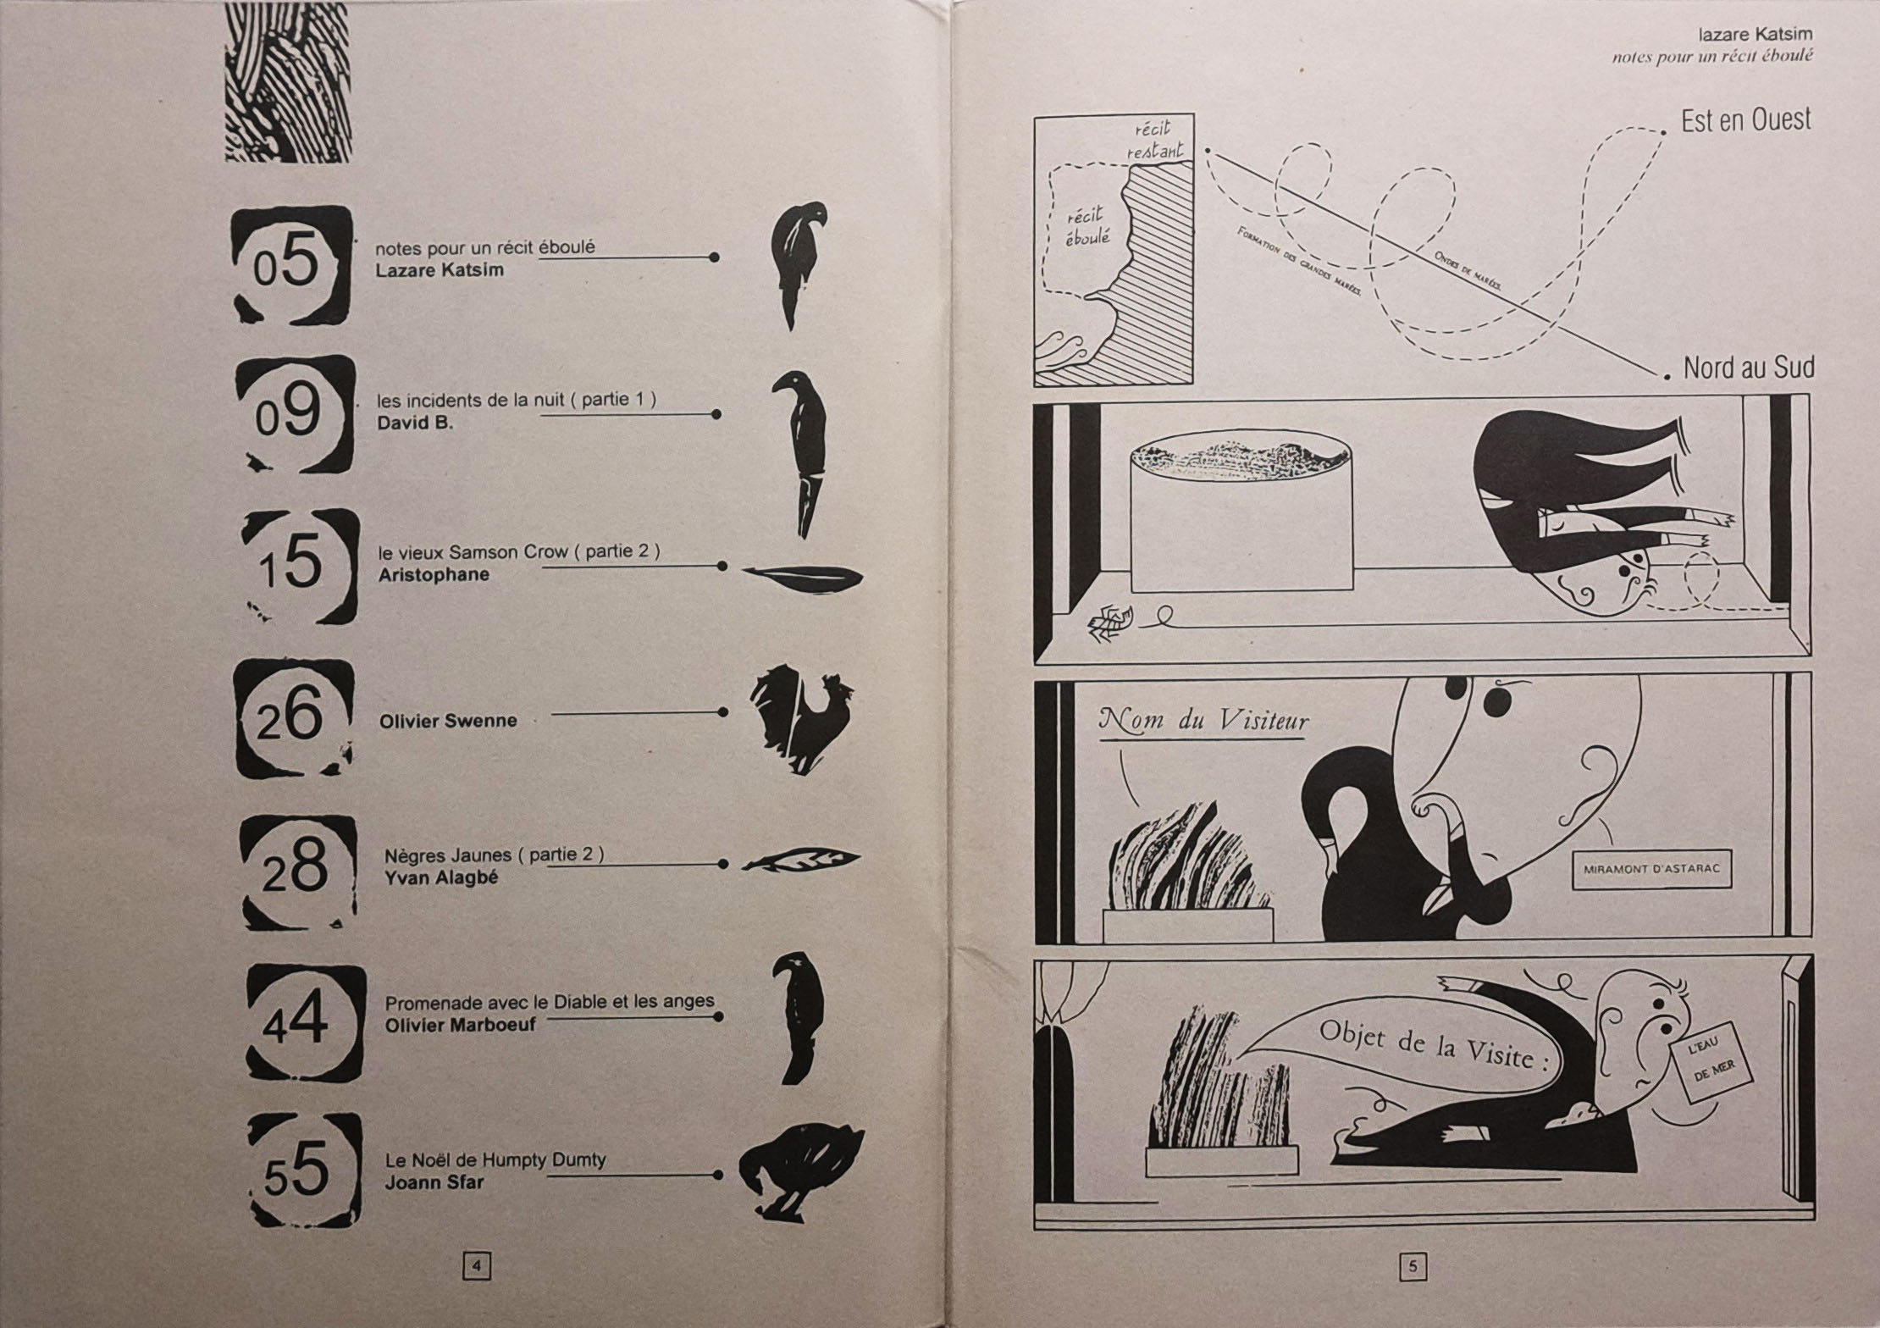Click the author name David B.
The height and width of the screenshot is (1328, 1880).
415,423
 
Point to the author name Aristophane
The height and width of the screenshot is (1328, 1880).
434,574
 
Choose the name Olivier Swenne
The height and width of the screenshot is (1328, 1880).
448,721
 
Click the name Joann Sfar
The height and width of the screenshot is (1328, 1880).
434,1181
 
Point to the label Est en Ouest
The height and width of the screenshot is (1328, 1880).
1746,120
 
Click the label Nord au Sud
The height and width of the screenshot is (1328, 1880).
1749,368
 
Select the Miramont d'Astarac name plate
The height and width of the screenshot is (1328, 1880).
1651,870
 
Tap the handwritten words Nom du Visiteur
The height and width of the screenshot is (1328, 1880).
1203,722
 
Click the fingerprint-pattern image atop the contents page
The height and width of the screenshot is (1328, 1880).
288,82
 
